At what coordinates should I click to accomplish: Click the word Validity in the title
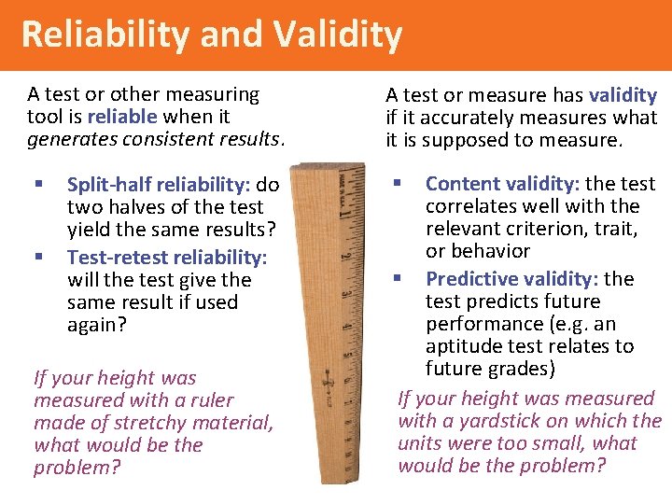click(x=339, y=35)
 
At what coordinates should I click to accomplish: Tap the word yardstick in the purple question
click(x=495, y=421)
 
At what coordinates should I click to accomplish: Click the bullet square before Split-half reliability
click(x=38, y=185)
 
